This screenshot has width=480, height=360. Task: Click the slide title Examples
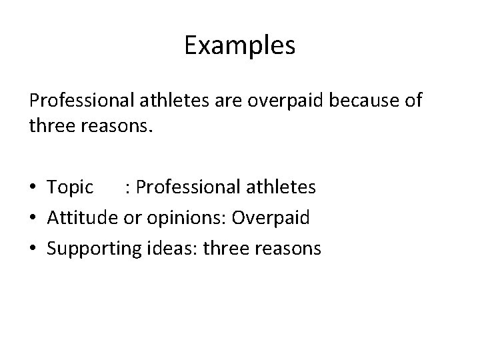239,46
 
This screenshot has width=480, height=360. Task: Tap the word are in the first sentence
234,101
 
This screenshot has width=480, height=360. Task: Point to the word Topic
71,187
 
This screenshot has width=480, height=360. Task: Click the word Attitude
83,218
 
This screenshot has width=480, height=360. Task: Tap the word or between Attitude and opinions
129,218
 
